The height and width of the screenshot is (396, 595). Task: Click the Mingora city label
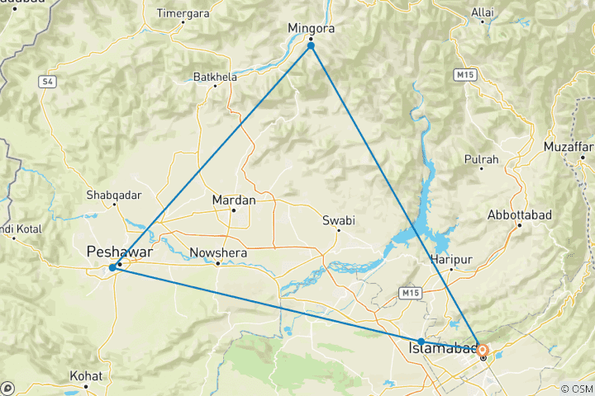[x=310, y=29]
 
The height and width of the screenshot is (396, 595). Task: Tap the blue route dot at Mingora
[x=311, y=45]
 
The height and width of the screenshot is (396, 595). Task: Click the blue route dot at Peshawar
[x=112, y=267]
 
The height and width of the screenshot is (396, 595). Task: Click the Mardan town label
[x=234, y=200]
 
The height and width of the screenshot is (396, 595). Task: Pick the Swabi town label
[x=337, y=220]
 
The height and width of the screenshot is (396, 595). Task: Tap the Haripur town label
[x=451, y=259]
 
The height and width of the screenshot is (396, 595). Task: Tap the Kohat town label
[x=86, y=375]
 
